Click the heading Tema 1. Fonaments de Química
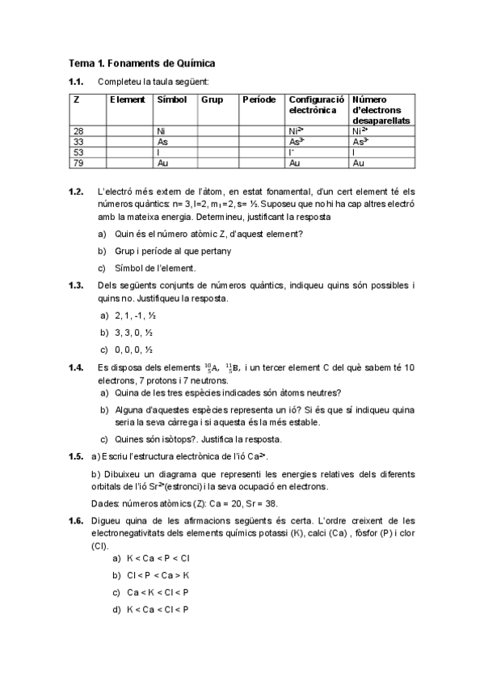pos(141,63)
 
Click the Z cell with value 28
pos(78,130)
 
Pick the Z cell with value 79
pos(78,163)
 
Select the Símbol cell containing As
pos(162,141)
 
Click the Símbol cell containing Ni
pos(161,130)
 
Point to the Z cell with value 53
pos(78,151)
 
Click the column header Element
pos(128,100)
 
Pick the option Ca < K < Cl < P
pos(158,592)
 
